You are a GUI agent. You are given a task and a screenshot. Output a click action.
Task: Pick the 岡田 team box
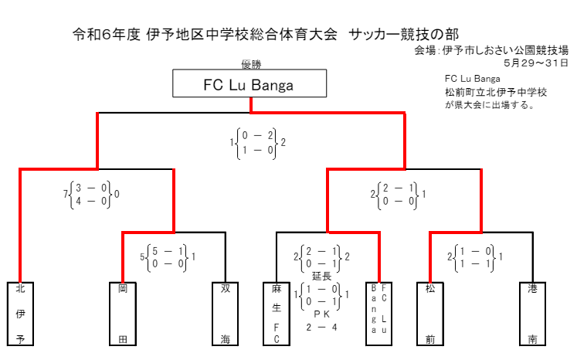tap(123, 314)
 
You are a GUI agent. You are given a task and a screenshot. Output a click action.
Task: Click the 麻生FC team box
tap(277, 314)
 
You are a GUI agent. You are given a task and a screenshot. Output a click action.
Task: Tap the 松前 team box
tap(430, 314)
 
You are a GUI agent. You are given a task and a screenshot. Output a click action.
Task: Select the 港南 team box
tap(533, 314)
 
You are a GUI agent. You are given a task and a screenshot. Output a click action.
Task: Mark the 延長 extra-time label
tap(322, 276)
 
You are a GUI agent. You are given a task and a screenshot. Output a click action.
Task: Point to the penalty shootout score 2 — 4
tap(322, 328)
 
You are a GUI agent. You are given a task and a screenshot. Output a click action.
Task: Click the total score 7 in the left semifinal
tap(66, 193)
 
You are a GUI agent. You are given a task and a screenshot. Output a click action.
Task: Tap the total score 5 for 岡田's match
tap(142, 256)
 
